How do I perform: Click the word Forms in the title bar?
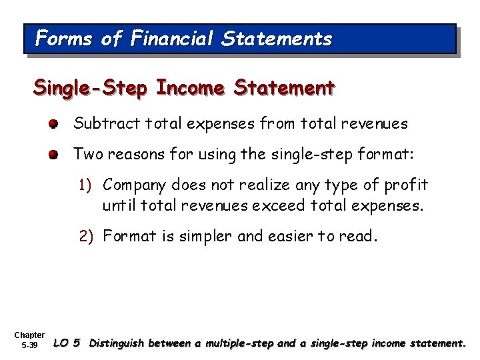[x=63, y=39]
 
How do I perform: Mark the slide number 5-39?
[x=29, y=346]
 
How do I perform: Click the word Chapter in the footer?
[x=29, y=335]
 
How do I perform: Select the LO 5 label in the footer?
[x=67, y=344]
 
